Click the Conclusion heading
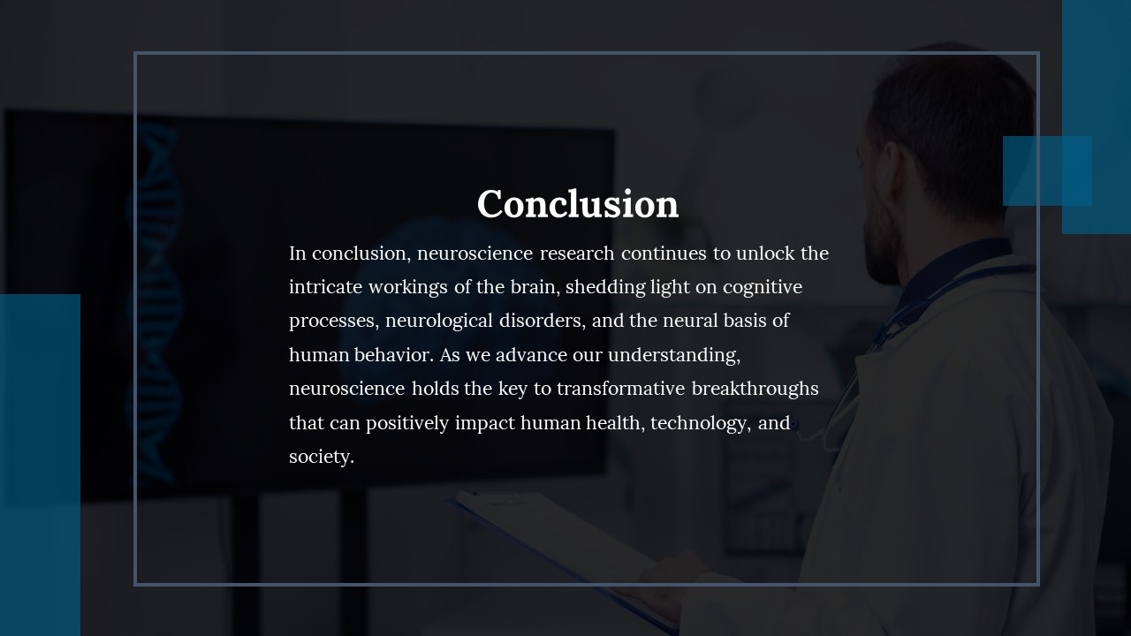tap(578, 204)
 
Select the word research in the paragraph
tap(577, 254)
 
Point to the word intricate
tap(326, 287)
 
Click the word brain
tap(535, 287)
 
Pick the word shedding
tap(605, 288)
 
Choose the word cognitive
tap(763, 288)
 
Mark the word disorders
tap(543, 321)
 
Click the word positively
tap(407, 423)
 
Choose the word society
tap(322, 458)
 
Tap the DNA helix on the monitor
tap(153, 303)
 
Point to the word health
tap(616, 422)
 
